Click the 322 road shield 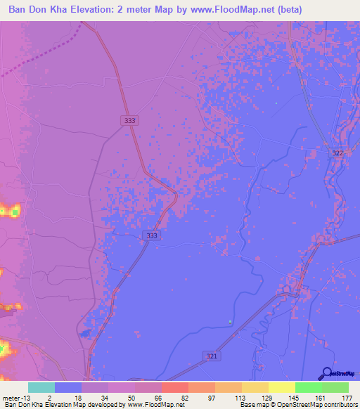tap(337, 153)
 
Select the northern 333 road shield tap(129, 121)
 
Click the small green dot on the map tap(230, 322)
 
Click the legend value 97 tap(212, 397)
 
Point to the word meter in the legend tap(11, 397)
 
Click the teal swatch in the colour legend tap(41, 387)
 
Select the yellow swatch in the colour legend tap(281, 387)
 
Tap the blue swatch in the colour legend tap(68, 387)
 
